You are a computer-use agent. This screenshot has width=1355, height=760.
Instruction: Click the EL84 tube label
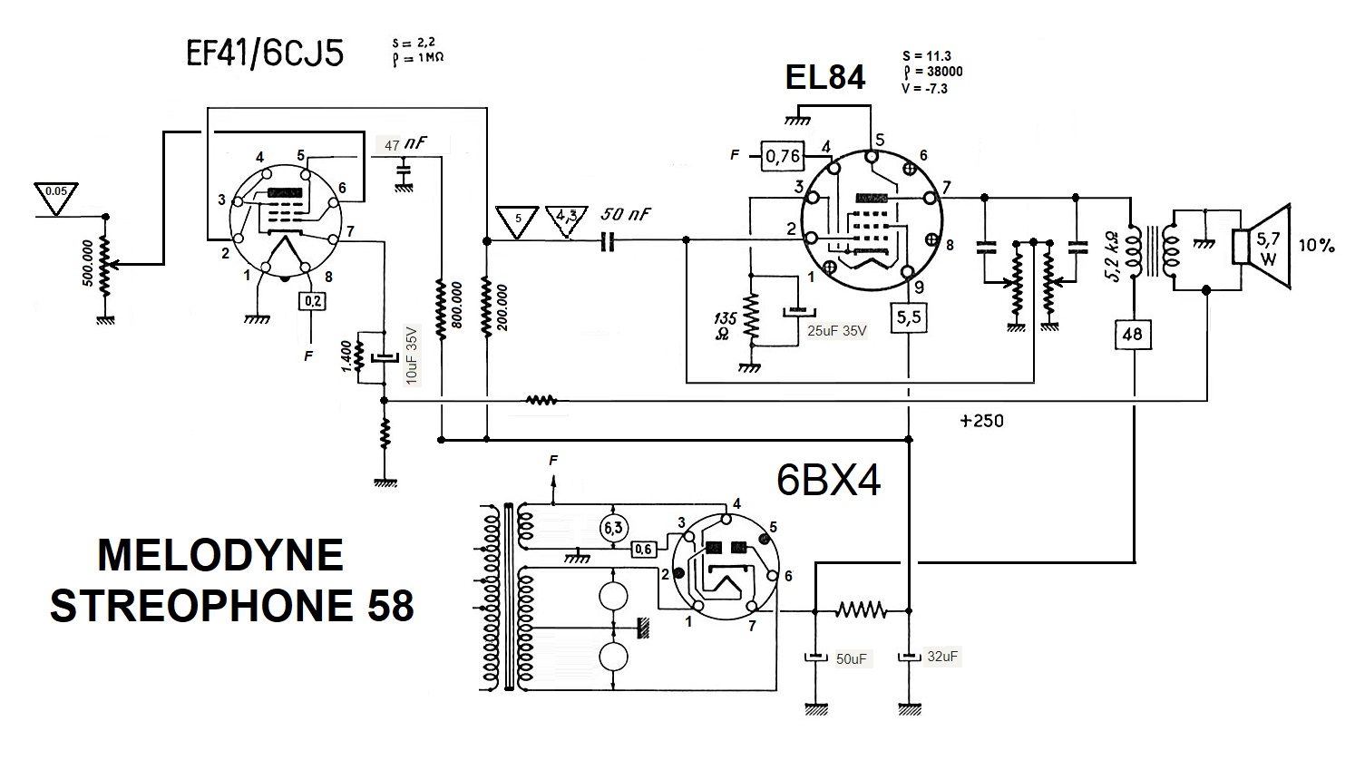pos(825,77)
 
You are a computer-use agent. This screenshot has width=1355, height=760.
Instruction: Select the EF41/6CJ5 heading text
pos(265,53)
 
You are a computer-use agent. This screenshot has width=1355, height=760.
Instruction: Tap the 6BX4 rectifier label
pos(828,481)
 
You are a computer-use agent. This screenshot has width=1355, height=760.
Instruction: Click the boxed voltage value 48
pos(1133,334)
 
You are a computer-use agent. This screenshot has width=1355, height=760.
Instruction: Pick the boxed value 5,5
pos(909,317)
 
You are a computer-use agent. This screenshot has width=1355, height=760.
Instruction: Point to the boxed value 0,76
pos(783,157)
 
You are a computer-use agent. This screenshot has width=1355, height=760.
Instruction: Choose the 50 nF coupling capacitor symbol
pos(608,241)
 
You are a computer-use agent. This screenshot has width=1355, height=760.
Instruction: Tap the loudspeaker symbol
pos(1262,247)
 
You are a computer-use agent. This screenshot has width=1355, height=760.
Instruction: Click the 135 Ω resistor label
pos(725,326)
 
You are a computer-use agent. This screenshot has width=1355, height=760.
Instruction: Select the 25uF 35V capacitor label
pos(836,331)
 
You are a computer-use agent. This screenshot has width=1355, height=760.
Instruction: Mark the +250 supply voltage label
pos(981,421)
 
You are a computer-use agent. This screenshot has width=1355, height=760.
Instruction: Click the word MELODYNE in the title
pos(220,555)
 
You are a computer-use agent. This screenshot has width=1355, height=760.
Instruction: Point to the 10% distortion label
pos(1316,245)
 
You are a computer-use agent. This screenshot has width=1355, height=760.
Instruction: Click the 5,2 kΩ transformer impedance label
pos(1113,256)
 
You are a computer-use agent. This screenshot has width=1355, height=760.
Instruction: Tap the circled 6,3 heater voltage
pos(613,528)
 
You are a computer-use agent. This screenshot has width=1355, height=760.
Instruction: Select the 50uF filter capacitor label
pos(851,659)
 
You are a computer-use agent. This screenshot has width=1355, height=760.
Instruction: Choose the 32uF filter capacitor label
pos(942,656)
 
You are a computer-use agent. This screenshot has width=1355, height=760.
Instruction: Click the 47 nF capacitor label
pos(405,144)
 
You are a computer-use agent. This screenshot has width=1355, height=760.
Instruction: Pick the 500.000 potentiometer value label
pos(87,263)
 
